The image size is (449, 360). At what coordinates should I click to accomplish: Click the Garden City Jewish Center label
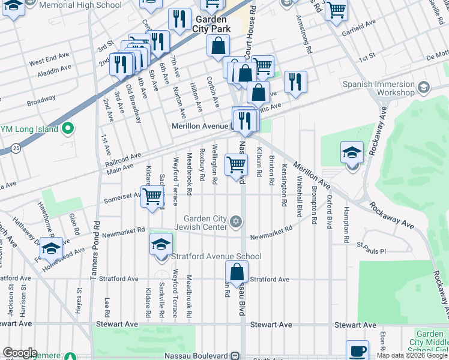205,223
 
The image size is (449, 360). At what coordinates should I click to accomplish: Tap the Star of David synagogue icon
237,223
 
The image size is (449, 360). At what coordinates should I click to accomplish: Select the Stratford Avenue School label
216,257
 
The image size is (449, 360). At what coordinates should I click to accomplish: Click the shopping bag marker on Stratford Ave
237,272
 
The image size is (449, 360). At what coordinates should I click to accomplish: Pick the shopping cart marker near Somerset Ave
153,196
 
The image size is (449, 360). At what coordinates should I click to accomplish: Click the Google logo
20,353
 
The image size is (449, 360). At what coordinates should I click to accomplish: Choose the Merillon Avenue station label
200,126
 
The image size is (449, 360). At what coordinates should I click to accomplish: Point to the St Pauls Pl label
370,245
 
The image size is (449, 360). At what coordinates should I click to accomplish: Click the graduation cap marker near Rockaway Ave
352,154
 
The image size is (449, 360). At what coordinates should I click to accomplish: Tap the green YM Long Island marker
68,128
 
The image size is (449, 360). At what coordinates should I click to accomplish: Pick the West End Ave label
49,61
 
